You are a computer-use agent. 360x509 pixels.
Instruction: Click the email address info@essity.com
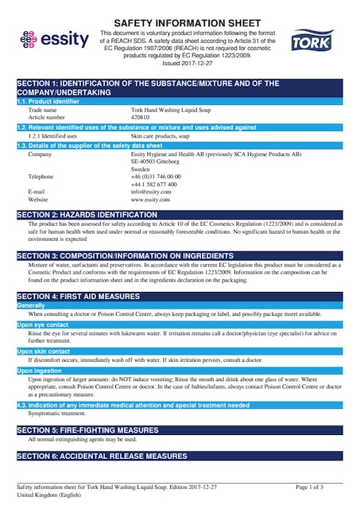click(151, 192)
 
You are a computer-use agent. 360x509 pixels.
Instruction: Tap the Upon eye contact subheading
click(43, 325)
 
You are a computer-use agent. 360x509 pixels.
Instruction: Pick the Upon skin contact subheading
click(44, 351)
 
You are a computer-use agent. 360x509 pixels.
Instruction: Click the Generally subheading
click(31, 305)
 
